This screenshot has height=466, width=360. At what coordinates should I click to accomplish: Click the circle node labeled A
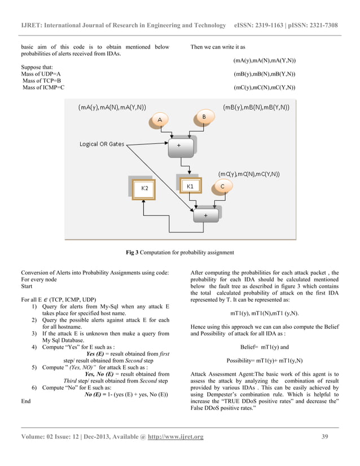pyautogui.click(x=160, y=120)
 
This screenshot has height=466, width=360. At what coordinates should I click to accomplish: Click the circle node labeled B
pyautogui.click(x=204, y=116)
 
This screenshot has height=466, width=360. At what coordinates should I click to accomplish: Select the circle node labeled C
pyautogui.click(x=222, y=186)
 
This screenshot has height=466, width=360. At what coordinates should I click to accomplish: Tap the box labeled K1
pyautogui.click(x=191, y=186)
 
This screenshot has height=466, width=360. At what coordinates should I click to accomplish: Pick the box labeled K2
pyautogui.click(x=144, y=188)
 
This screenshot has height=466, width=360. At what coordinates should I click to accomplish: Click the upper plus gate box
pyautogui.click(x=179, y=146)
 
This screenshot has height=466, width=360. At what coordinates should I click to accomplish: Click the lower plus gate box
pyautogui.click(x=205, y=215)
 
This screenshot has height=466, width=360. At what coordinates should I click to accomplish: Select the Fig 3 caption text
pyautogui.click(x=179, y=252)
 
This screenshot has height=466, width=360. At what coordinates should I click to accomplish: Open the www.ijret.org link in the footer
pyautogui.click(x=175, y=436)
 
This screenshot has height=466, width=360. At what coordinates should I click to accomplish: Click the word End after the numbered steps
pyautogui.click(x=25, y=402)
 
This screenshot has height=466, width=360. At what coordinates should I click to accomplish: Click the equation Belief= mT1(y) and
pyautogui.click(x=265, y=348)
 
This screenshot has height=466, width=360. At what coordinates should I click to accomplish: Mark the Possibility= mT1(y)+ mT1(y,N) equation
pyautogui.click(x=265, y=361)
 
